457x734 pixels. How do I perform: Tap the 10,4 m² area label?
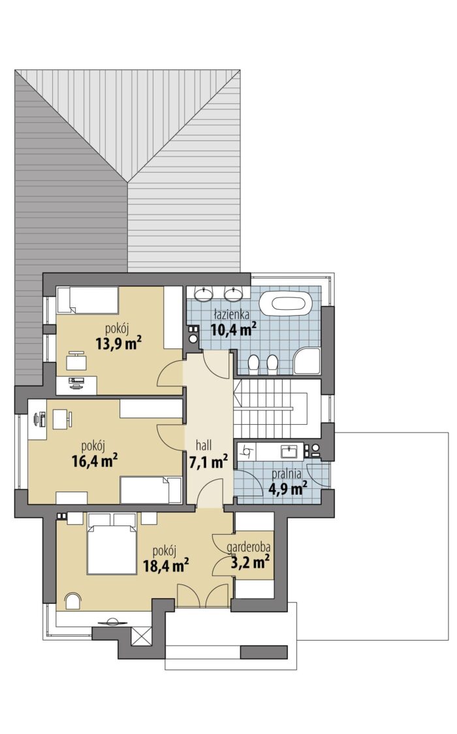point(234,329)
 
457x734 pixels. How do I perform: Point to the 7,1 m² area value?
point(208,462)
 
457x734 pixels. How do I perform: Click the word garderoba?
point(248,547)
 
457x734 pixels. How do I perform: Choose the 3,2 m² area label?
point(250,561)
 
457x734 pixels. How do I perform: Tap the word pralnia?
point(287,475)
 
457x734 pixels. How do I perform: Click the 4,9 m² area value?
point(288,489)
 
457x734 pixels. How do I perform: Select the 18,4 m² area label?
point(166,565)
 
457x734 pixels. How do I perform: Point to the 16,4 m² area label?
point(95,461)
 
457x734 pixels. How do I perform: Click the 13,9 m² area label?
point(119,344)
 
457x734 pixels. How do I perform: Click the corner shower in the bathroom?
point(307,361)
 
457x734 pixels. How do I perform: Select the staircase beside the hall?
point(277,409)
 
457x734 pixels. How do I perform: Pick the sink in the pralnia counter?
point(289,452)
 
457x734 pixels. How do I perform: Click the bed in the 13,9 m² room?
point(87,300)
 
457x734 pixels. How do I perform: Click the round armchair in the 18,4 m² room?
point(72,601)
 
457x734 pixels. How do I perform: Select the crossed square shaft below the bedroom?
point(141,637)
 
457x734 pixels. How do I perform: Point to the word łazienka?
point(232,314)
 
